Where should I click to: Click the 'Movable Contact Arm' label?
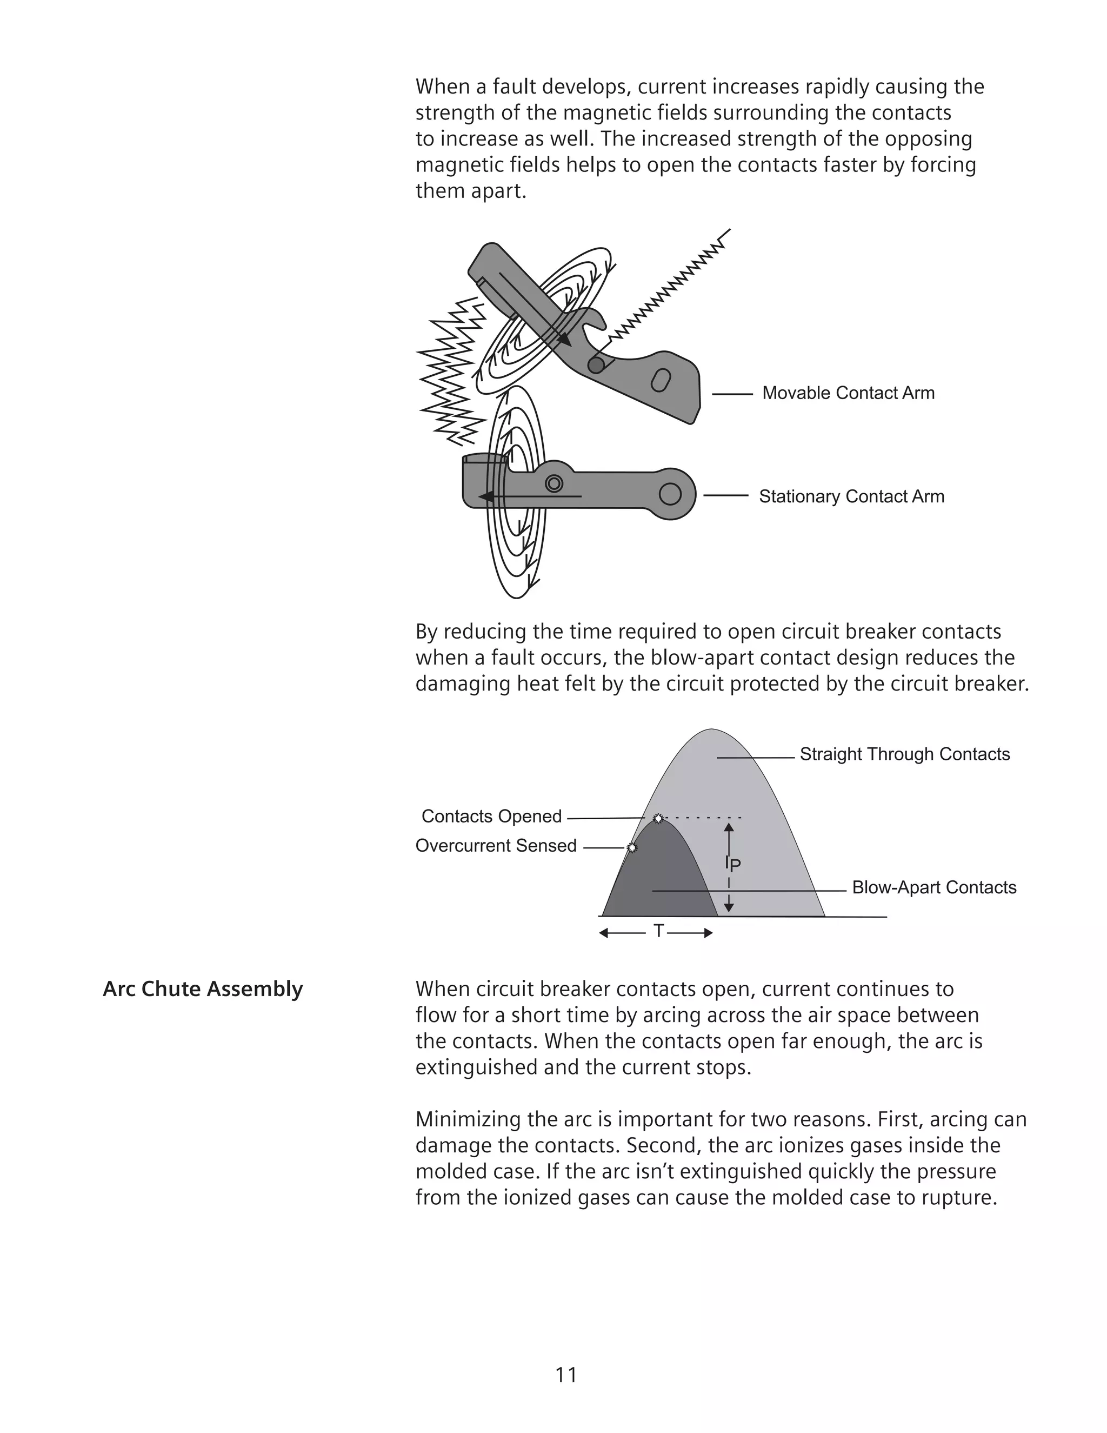click(x=848, y=393)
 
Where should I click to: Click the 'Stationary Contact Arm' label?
click(x=851, y=497)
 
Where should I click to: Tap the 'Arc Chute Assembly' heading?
click(x=203, y=989)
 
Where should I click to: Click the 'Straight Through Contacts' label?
click(x=904, y=754)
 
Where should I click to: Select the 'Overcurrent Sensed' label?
click(x=496, y=846)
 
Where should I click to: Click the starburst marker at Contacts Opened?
click(x=658, y=818)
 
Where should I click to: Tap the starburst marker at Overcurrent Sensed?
click(x=631, y=848)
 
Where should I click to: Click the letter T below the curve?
click(x=658, y=931)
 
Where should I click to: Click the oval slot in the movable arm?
click(x=661, y=381)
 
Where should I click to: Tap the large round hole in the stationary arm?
click(x=670, y=494)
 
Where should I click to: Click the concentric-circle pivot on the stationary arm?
click(x=554, y=483)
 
